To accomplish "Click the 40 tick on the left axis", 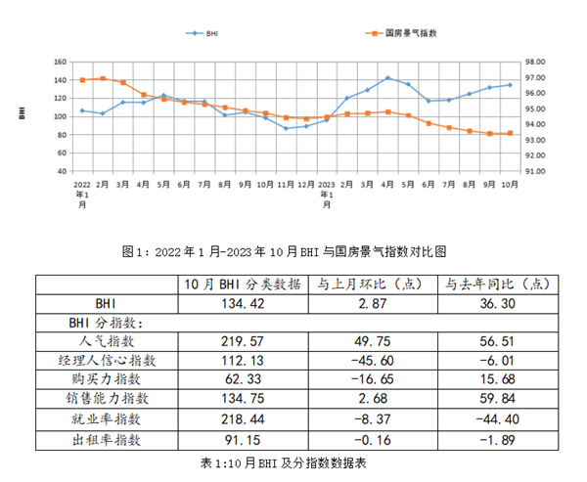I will (x=63, y=171).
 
